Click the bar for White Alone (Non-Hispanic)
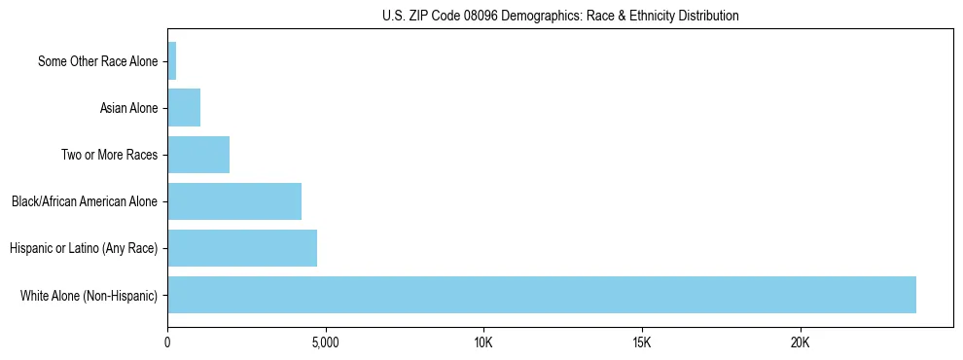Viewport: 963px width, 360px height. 542,295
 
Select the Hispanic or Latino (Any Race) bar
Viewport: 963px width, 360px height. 242,248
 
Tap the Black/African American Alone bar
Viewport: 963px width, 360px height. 234,201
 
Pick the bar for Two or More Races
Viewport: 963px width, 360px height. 198,155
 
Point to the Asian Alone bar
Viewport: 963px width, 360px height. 184,108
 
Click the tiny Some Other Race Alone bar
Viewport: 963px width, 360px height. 172,61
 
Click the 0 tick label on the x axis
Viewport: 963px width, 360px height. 168,343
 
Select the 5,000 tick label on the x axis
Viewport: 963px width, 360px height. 326,343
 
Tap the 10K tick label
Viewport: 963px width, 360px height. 483,343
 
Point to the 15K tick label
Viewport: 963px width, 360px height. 641,343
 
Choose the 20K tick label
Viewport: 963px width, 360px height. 800,343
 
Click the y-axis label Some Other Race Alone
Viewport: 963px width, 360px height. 97,61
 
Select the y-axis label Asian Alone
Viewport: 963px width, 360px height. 128,108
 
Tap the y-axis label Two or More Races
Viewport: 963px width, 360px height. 109,155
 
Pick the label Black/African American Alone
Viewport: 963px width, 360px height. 85,201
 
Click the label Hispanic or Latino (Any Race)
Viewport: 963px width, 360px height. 84,248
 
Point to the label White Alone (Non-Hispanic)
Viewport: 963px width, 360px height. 89,295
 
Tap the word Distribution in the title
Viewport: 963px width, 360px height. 706,16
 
